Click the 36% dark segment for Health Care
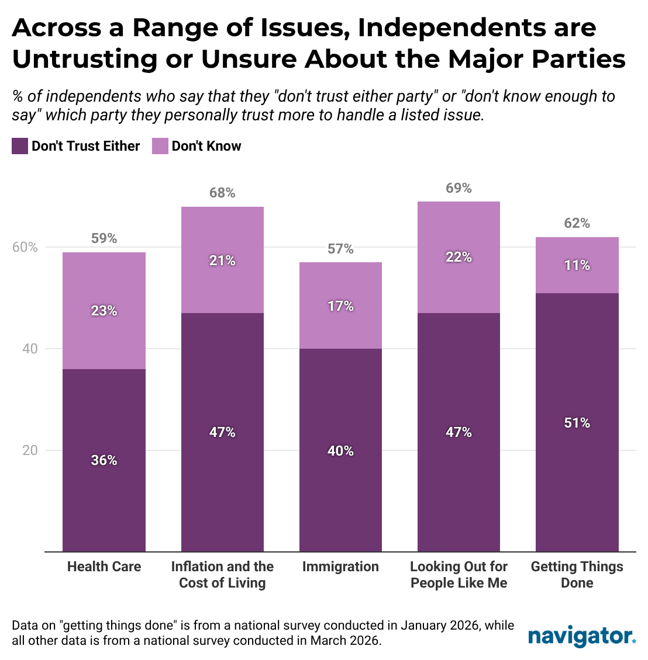coord(104,460)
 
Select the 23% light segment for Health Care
coord(104,311)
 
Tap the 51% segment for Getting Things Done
coord(577,422)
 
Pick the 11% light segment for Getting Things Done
coord(577,265)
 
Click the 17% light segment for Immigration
coord(340,305)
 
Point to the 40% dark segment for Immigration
coord(340,450)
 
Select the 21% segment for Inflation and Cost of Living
coord(222,260)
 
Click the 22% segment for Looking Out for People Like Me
coord(459,257)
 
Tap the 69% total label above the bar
coord(459,188)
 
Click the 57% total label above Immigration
coord(340,249)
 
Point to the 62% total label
coord(577,224)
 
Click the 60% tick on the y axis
coord(25,248)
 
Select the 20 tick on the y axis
coord(30,450)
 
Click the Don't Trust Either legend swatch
coord(20,146)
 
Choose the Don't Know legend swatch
coord(160,146)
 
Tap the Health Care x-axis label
coord(104,567)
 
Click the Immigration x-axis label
coord(340,567)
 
